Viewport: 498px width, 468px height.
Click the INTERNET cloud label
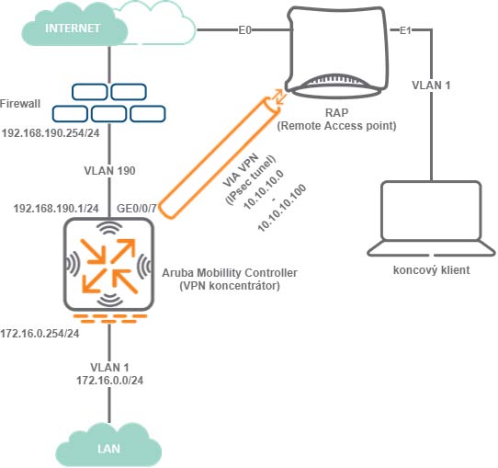73,29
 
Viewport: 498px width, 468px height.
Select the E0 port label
245,30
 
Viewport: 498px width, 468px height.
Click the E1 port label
405,30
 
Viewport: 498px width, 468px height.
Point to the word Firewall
20,104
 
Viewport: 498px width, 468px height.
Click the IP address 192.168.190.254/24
51,132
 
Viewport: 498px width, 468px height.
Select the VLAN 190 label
109,171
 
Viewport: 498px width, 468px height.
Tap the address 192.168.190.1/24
56,209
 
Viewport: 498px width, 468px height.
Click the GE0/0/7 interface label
137,209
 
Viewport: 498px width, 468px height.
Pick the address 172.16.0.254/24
40,334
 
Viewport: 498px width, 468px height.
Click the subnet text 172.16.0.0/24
109,381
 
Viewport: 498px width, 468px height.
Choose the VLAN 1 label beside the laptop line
431,86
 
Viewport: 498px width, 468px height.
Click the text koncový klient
431,270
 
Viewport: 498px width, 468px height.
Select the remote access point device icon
337,51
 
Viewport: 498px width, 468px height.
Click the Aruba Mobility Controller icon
109,265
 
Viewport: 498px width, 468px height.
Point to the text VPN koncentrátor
230,286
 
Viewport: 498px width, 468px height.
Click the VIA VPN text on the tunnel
241,171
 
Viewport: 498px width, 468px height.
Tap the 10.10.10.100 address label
282,208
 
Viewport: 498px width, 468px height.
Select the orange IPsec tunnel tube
220,158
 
